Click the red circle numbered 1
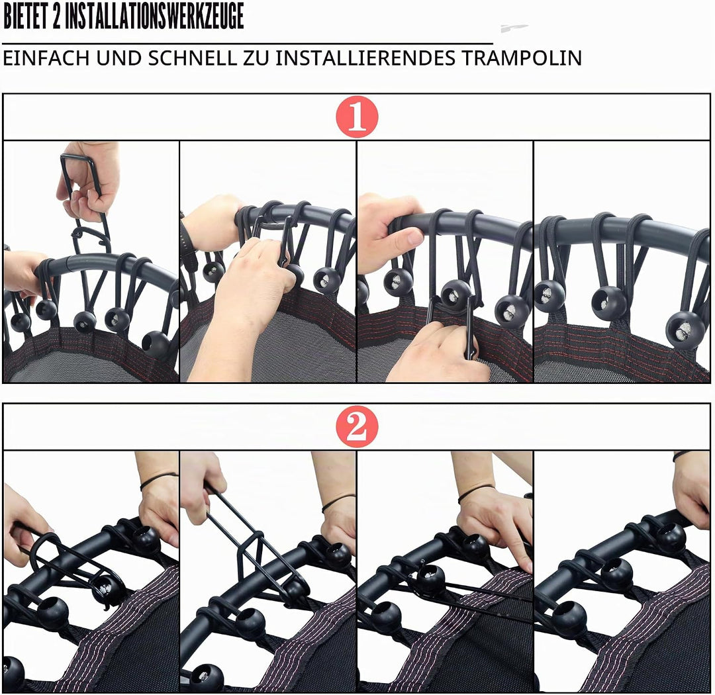(357, 116)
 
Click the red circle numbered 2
(357, 427)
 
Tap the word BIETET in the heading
(26, 17)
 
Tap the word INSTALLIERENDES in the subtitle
(365, 58)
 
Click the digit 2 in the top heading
(57, 17)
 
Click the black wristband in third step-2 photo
(475, 492)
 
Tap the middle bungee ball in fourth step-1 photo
(609, 303)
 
